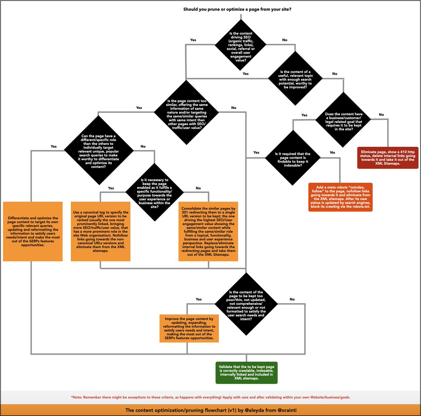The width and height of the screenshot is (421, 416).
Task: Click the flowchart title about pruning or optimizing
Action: click(x=237, y=9)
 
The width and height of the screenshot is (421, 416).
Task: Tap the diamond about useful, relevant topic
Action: click(x=295, y=79)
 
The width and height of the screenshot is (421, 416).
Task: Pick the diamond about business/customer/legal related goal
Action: click(x=343, y=121)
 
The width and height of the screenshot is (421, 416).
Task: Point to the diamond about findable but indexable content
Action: click(x=293, y=159)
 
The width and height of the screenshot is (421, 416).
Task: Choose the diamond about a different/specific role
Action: click(x=98, y=151)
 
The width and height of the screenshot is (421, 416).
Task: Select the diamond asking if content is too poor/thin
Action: click(x=246, y=305)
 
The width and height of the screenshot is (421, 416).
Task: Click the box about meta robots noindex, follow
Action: click(x=340, y=197)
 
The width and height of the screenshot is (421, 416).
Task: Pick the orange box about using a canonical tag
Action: click(x=101, y=231)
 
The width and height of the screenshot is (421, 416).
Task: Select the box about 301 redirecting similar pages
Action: click(x=208, y=231)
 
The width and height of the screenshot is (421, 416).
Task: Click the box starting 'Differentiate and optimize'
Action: click(x=33, y=231)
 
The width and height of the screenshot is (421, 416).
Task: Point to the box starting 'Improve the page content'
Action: click(x=189, y=328)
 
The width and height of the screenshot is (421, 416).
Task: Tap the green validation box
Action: click(x=246, y=373)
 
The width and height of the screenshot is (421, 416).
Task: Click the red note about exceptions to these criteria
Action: click(x=210, y=397)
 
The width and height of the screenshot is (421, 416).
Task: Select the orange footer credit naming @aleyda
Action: click(x=210, y=410)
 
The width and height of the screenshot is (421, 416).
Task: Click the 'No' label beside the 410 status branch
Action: click(x=381, y=115)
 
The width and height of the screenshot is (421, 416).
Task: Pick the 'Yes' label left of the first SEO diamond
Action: click(x=193, y=40)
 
